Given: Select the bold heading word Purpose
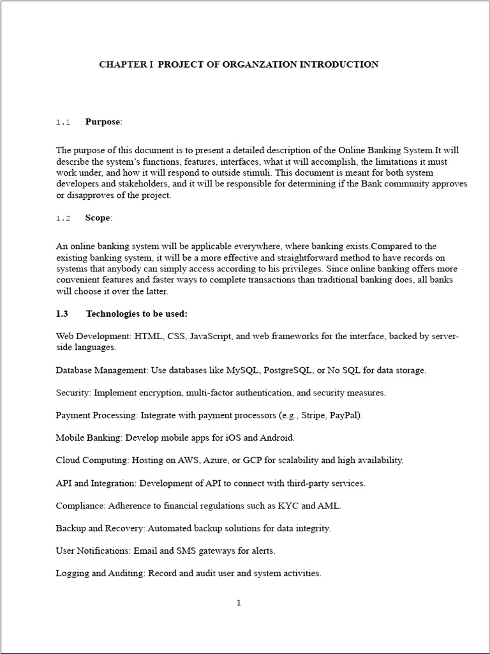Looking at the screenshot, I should [x=102, y=121].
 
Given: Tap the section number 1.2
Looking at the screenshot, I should [x=63, y=218].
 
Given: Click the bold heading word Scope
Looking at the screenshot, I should [x=98, y=218].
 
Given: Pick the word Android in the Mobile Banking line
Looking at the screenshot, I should [x=278, y=437].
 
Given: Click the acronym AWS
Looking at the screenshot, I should [x=216, y=460].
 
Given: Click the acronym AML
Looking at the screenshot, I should [x=329, y=505].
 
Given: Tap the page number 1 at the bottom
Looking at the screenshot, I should [x=239, y=602].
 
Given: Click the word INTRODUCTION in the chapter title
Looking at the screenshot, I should [x=338, y=65].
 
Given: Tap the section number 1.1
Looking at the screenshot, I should [x=63, y=122].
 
